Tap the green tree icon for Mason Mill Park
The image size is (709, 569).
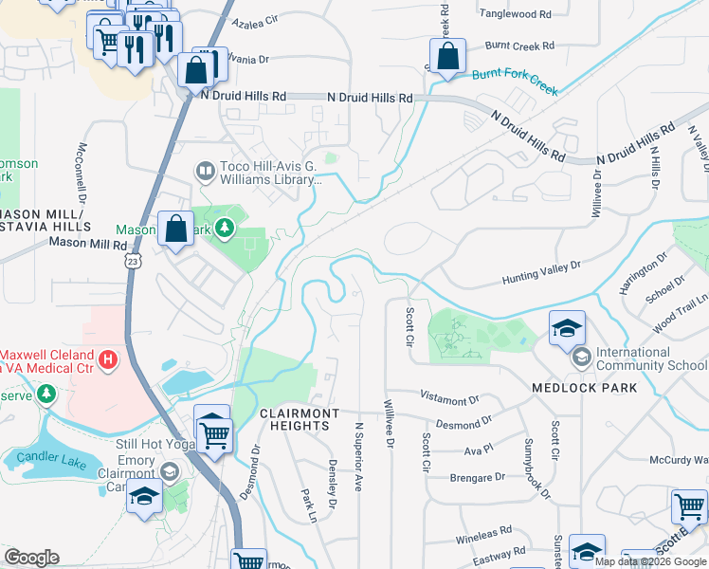point(225,228)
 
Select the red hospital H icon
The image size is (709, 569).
point(109,359)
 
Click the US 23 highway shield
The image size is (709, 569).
point(135,258)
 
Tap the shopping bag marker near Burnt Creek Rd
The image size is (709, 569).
point(447,56)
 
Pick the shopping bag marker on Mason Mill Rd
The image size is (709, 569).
point(175,229)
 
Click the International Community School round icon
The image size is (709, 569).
point(580,358)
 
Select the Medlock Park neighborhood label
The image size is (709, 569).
point(584,389)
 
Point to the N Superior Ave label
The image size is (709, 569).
point(358,457)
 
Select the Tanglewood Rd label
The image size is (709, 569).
point(515,14)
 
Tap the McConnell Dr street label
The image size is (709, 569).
point(82,174)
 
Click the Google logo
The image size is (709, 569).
point(32,558)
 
